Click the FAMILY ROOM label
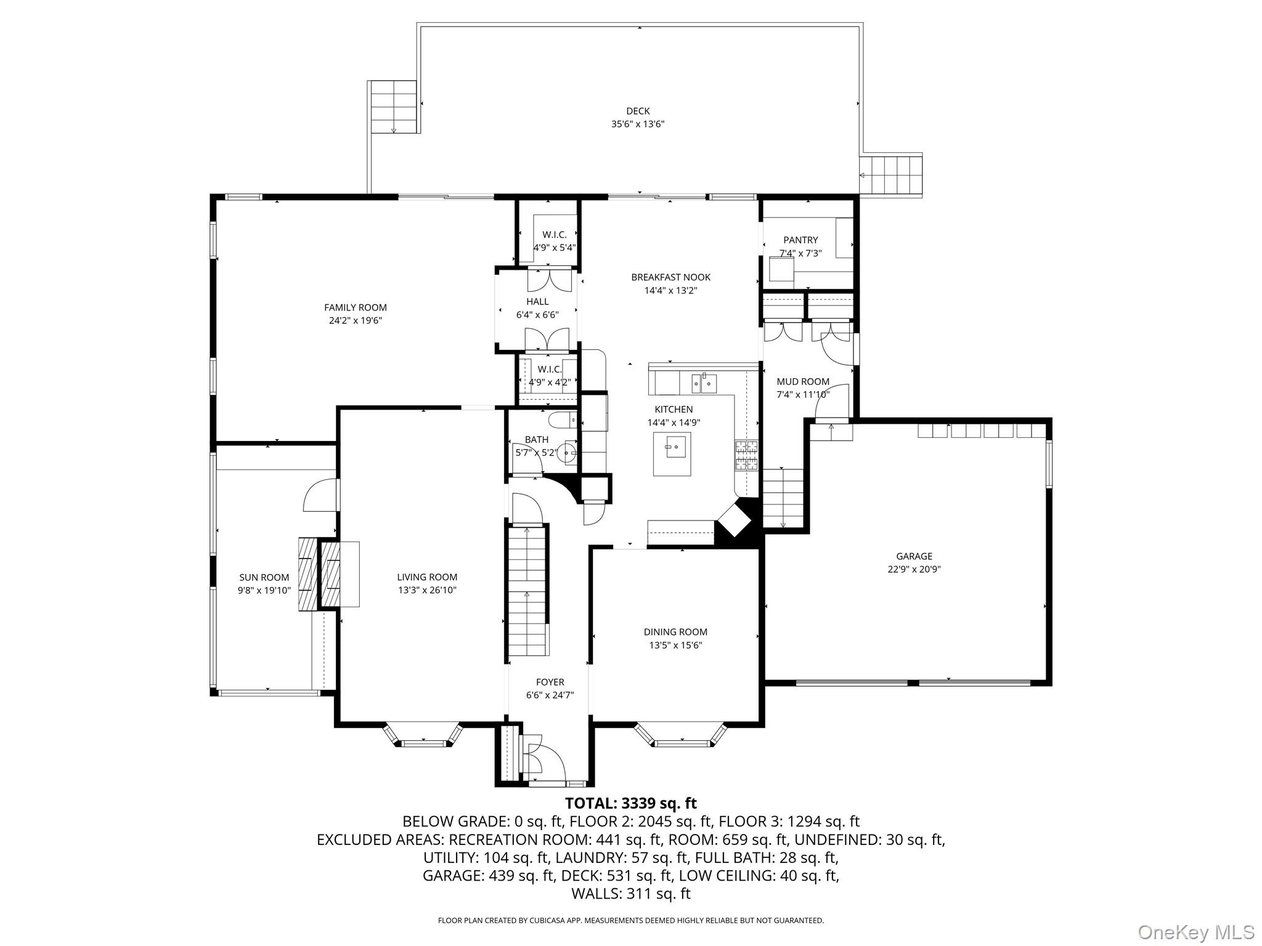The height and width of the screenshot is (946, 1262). point(356,307)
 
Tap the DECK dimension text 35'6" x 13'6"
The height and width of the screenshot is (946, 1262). point(638,124)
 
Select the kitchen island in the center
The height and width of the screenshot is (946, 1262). point(672,454)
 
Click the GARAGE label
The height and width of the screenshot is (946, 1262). point(914,556)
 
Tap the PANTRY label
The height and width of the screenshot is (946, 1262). point(800,240)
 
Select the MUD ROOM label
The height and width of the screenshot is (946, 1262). point(802,381)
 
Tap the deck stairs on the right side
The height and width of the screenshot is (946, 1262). point(891,176)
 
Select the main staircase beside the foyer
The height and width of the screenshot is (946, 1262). point(527,591)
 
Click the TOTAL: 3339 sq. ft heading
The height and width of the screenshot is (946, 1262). point(630,803)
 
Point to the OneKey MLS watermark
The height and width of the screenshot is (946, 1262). point(1196,932)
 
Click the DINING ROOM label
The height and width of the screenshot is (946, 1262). point(675,632)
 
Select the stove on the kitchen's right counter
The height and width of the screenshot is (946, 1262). point(746,456)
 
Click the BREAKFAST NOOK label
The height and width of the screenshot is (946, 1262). point(670,277)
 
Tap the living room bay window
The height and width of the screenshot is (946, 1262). point(423,737)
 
